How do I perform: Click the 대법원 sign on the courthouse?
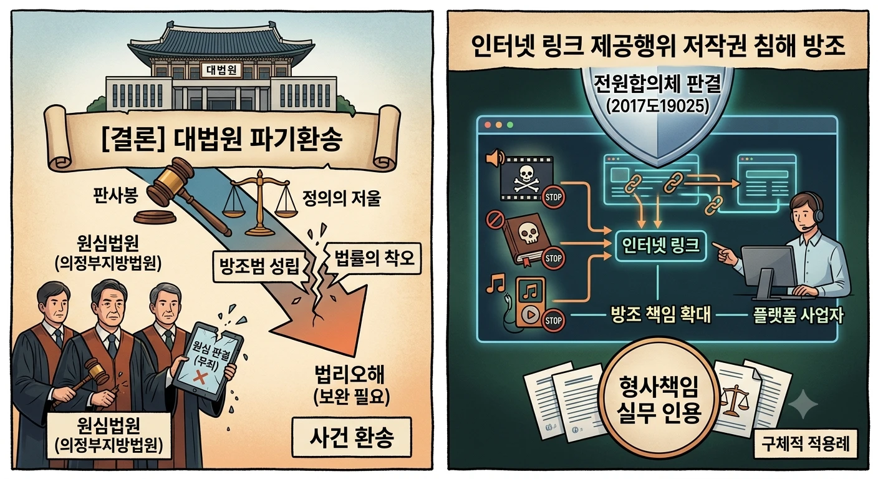click(221, 70)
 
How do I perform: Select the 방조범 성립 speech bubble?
click(259, 266)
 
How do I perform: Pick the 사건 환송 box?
click(352, 437)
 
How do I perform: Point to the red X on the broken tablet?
click(200, 378)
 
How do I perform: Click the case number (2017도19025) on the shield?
click(657, 106)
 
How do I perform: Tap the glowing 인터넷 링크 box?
click(661, 245)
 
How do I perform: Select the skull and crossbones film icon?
click(526, 178)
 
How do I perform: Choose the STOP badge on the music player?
click(554, 320)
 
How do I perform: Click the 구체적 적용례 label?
click(806, 444)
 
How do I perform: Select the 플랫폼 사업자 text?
click(798, 315)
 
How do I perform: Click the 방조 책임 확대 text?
click(661, 315)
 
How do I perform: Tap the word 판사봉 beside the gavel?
click(115, 195)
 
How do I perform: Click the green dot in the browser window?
click(510, 125)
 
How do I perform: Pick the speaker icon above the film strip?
click(494, 158)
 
